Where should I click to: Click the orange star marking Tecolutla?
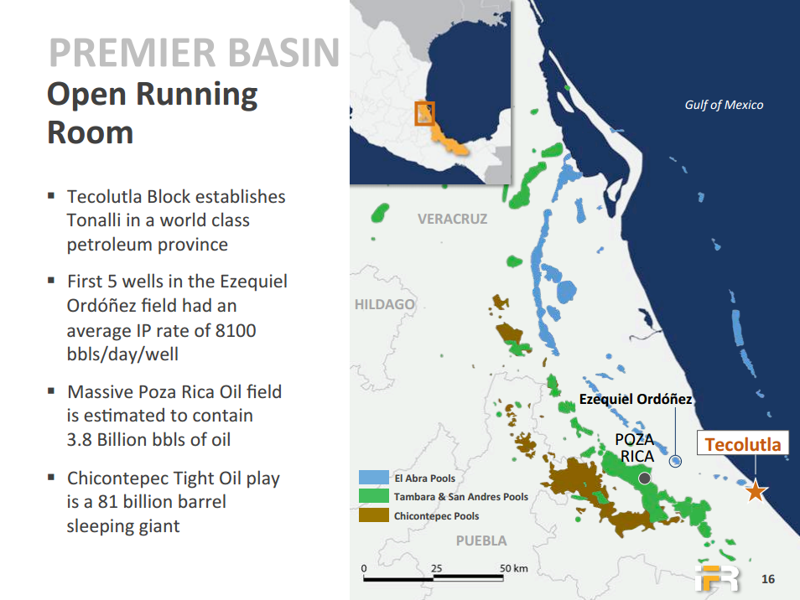(x=756, y=492)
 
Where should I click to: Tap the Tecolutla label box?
(x=743, y=443)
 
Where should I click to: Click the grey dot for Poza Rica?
(x=644, y=478)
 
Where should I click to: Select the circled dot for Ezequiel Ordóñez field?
(x=676, y=461)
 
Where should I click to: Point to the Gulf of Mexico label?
(x=724, y=105)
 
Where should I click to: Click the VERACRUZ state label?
(x=453, y=220)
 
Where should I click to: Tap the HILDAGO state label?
(x=385, y=305)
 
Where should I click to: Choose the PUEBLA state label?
(x=481, y=541)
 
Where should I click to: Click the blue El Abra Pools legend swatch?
(x=373, y=477)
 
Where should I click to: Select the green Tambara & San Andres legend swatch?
(x=373, y=496)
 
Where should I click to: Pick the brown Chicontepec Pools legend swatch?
(x=373, y=515)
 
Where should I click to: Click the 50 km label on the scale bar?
(x=514, y=568)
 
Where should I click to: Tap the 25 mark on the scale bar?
(x=436, y=568)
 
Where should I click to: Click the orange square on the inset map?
(x=424, y=114)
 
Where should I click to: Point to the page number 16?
(x=768, y=579)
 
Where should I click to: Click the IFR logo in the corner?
(x=717, y=578)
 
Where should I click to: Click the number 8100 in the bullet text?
(x=236, y=330)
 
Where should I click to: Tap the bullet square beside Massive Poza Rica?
(x=51, y=391)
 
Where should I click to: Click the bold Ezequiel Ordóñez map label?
(x=635, y=399)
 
